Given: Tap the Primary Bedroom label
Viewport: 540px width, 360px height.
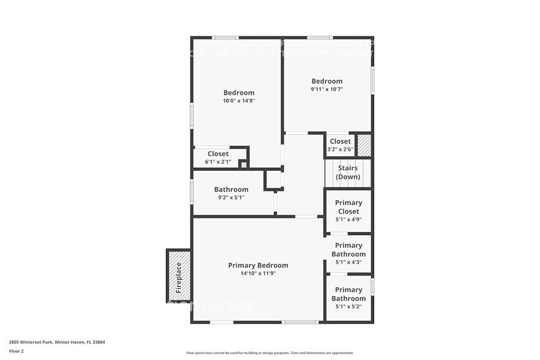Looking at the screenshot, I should [x=258, y=265].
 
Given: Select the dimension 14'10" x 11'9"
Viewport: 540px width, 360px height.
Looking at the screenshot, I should [x=258, y=274].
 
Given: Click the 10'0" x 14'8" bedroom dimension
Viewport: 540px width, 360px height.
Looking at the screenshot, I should [x=238, y=100].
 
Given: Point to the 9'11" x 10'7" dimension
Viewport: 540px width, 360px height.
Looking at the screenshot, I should [x=327, y=89].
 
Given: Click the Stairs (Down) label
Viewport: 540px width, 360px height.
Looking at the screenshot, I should [x=348, y=173].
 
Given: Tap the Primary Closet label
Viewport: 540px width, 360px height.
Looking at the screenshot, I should [x=348, y=207].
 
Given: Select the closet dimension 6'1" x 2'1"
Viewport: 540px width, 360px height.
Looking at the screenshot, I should [x=218, y=162].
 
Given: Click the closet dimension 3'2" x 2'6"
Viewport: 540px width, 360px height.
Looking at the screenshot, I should [x=340, y=149].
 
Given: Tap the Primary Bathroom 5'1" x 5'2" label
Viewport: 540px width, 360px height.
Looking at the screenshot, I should [x=348, y=294].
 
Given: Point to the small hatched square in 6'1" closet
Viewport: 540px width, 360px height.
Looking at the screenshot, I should [x=243, y=164].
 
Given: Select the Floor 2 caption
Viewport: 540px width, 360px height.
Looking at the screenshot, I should [x=16, y=351].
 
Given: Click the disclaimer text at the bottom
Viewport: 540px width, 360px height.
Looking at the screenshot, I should [x=269, y=353].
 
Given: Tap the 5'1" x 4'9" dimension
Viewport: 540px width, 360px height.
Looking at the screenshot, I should [x=348, y=219].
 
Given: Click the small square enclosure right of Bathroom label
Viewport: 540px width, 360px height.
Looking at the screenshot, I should [x=274, y=179].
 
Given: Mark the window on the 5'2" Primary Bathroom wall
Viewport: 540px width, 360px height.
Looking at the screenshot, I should [x=372, y=287].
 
